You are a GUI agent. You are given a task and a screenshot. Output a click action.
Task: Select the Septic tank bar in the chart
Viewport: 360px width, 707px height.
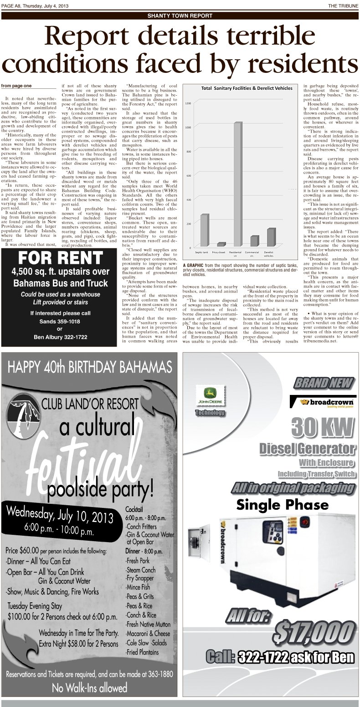coord(204,230)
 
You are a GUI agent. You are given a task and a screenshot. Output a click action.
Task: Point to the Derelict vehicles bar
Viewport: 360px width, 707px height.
coord(271,237)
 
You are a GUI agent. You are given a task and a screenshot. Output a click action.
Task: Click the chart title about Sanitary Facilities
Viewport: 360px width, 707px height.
coord(240,88)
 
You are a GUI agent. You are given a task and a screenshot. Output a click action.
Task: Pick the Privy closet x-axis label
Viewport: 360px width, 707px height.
coord(219,252)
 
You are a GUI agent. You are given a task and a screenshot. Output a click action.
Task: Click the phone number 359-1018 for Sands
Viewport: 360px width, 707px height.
coord(61,321)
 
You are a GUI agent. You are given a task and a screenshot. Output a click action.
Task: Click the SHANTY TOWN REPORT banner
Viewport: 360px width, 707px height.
coord(180,16)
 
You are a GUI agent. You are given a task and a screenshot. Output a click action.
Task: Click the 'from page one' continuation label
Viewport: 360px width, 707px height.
coord(16,86)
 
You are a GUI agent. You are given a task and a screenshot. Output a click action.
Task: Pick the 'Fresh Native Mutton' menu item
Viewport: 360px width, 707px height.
coord(149,624)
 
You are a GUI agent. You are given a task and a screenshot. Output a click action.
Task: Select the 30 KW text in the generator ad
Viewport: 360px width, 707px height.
coord(323,427)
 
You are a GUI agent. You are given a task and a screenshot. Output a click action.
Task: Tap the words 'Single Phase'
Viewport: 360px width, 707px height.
coord(282,505)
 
